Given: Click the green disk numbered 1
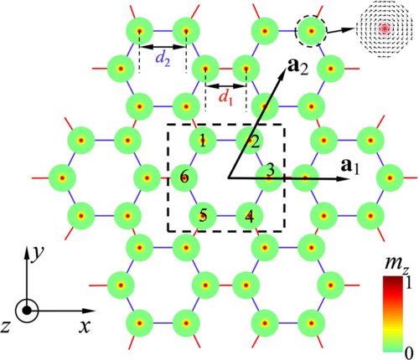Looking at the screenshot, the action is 203,140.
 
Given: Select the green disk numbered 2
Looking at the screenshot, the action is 250,140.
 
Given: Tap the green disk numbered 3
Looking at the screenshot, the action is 269,177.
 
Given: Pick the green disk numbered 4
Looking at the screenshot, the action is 250,216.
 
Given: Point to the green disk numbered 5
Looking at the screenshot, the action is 203,216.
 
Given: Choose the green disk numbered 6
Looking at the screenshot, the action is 184,177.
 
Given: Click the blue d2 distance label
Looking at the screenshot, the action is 163,59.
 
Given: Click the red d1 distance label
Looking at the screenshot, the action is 225,98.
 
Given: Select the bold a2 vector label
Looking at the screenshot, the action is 297,67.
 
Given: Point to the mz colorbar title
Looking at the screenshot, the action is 396,264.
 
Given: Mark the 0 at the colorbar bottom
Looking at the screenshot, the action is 409,353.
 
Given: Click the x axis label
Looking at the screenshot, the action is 85,326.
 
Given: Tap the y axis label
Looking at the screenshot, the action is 38,254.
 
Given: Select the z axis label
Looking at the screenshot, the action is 5,327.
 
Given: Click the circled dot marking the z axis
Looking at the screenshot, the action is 27,311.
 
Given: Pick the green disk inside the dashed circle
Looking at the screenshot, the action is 311,31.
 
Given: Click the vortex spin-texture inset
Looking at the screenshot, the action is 385,29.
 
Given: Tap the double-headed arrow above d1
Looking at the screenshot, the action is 225,86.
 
